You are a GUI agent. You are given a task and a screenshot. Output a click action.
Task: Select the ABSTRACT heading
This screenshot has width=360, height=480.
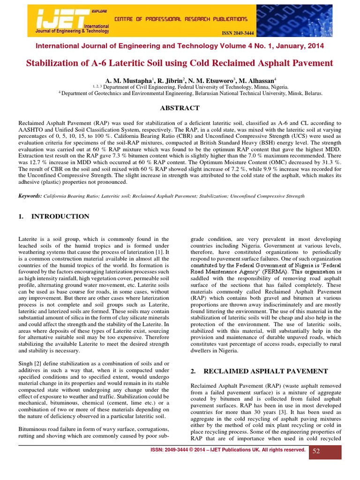[x=180, y=108]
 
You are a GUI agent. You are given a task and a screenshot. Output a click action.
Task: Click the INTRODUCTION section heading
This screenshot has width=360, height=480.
[x=60, y=217]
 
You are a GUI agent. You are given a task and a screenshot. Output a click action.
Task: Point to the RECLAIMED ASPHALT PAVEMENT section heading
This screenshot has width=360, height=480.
[x=259, y=371]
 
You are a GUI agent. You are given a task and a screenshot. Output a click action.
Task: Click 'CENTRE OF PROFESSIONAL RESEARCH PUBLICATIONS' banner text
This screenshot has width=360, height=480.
[x=181, y=19]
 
